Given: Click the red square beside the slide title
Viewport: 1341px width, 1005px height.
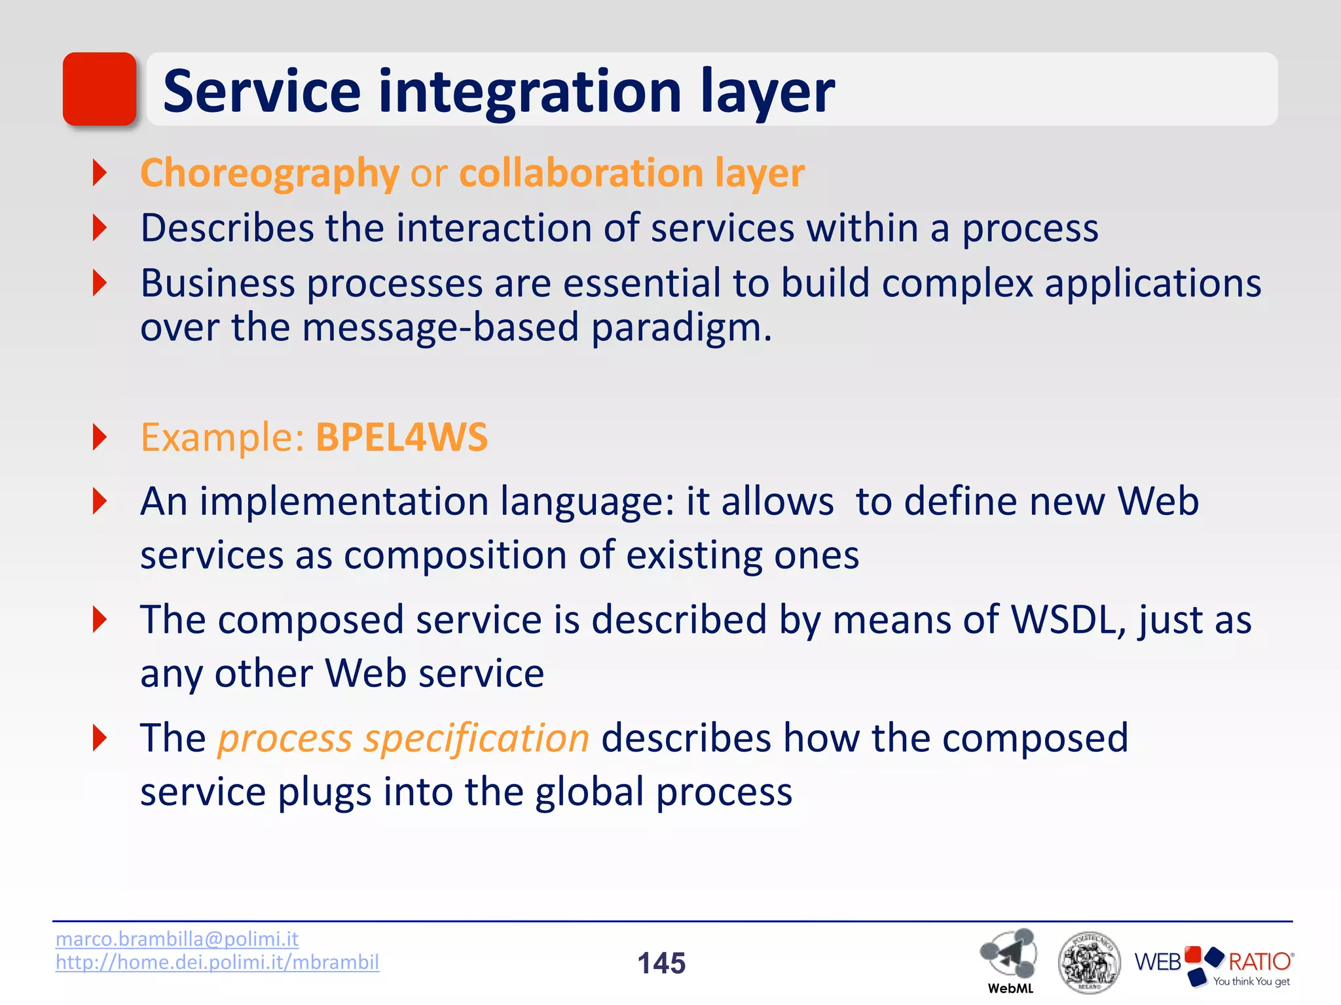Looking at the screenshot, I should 100,89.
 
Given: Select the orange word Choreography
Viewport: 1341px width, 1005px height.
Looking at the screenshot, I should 269,173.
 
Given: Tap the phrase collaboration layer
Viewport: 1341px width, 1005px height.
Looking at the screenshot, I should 632,173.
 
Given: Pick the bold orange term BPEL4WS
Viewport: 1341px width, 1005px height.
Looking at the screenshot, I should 401,437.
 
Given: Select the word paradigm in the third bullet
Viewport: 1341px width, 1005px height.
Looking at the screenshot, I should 681,327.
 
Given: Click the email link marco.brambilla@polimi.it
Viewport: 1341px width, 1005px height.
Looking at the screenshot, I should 177,939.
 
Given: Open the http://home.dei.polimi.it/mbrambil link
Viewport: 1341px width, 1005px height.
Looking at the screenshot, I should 217,962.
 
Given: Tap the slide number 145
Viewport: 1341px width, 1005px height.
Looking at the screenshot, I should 661,963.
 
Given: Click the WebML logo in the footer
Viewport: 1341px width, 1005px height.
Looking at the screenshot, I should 1009,959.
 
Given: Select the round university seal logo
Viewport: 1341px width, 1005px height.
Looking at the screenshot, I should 1089,962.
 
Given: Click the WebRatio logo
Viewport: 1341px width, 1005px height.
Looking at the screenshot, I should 1214,965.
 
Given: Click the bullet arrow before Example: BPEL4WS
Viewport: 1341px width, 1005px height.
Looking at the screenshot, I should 100,437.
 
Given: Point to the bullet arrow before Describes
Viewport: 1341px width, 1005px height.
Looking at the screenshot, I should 100,228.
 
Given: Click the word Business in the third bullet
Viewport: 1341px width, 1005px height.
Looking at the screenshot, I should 217,283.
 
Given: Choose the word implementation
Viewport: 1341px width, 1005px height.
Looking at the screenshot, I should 344,502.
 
